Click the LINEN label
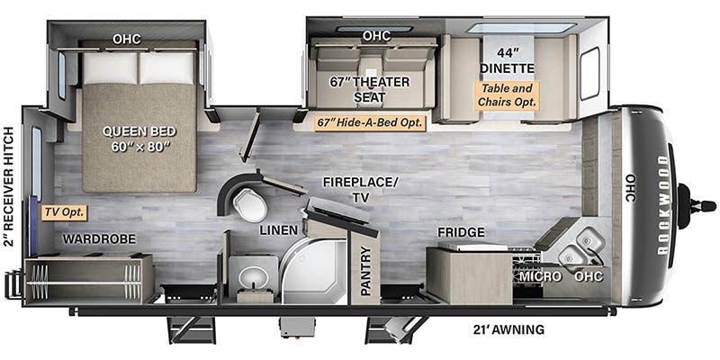pos(279,231)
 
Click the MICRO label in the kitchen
pos(537,276)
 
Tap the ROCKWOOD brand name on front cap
pos(662,204)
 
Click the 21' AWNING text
pos(508,329)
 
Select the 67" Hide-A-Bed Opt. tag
pos(370,123)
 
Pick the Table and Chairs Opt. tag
pos(507,95)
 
